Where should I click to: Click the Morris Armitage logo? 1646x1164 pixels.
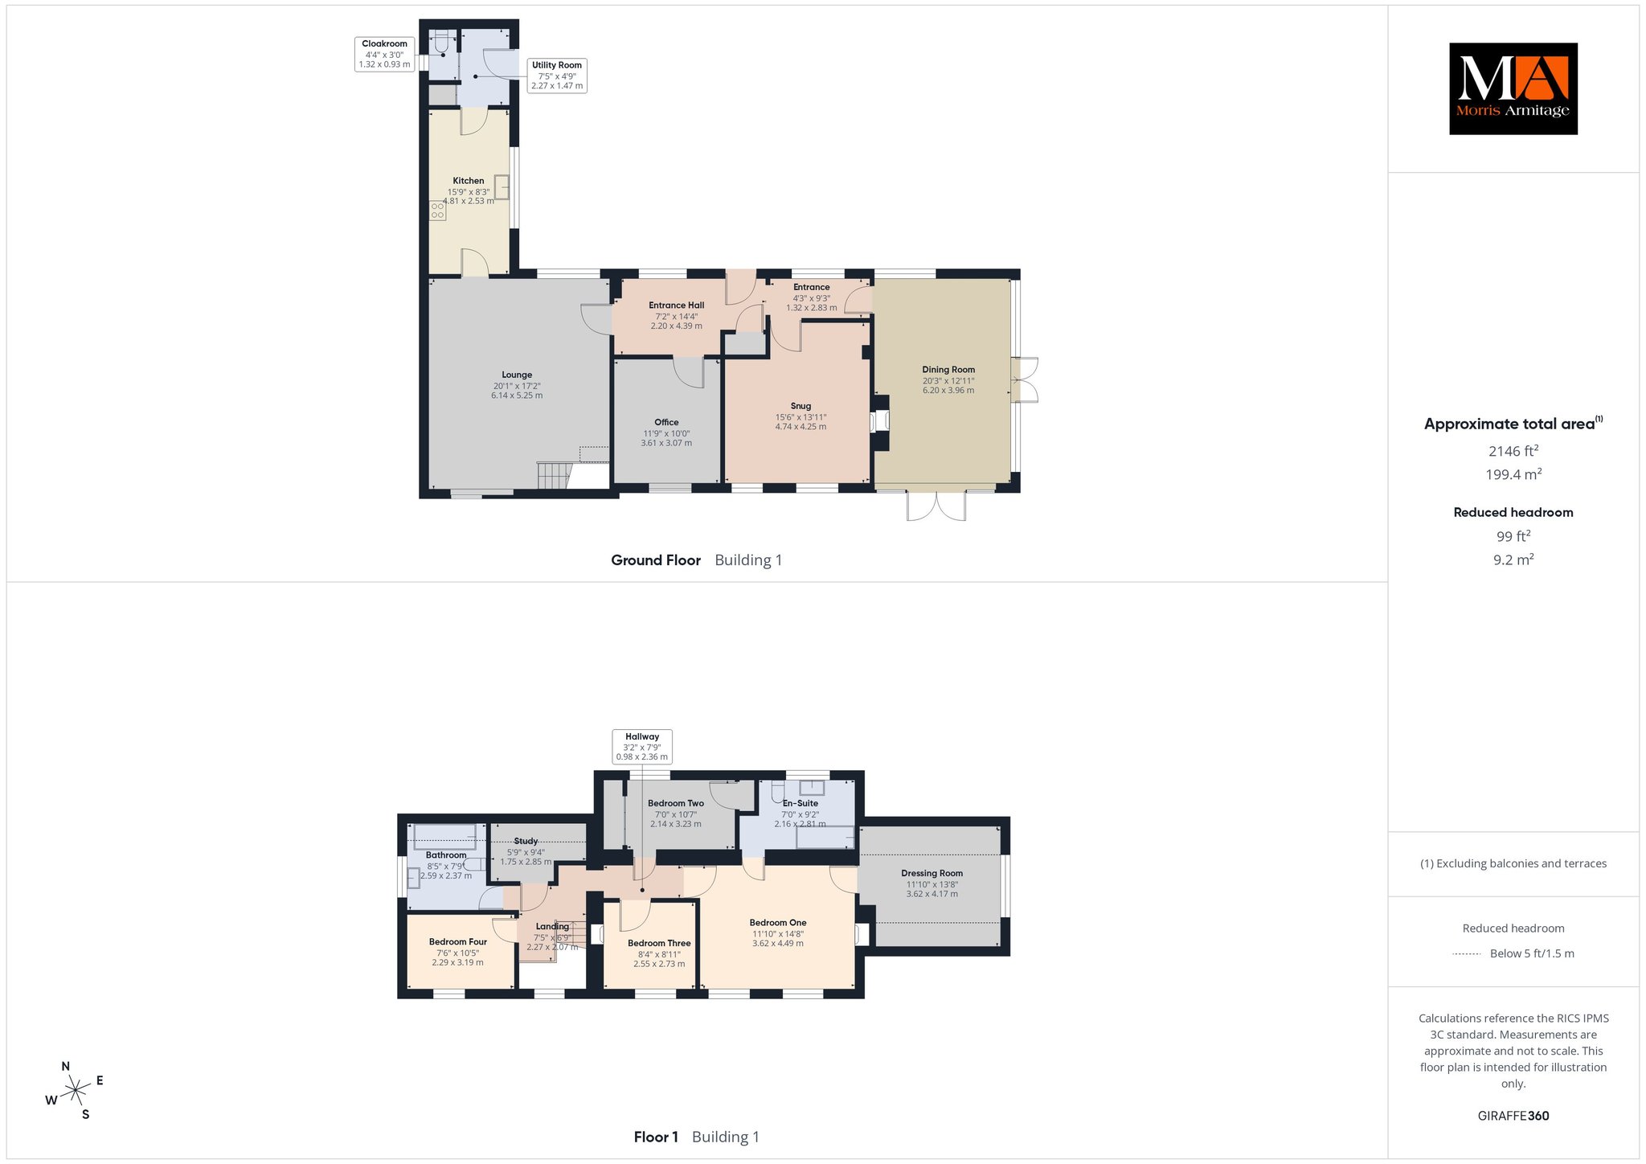point(1513,88)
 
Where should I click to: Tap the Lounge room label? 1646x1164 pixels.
point(517,375)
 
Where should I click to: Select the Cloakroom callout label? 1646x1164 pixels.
point(384,54)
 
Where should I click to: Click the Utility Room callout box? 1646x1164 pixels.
point(557,76)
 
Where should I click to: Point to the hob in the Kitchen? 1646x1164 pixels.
point(437,211)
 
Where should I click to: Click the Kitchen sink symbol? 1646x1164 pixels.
point(502,186)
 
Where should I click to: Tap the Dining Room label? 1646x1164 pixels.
point(948,370)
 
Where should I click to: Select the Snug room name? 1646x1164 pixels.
point(800,406)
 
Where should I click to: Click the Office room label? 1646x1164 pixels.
point(666,422)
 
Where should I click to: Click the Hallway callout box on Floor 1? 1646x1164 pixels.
point(642,746)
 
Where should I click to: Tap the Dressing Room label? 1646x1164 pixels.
point(932,873)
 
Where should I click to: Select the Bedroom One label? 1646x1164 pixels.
point(778,923)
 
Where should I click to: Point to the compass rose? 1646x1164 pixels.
point(75,1090)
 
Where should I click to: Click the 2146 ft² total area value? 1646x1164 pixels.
point(1513,451)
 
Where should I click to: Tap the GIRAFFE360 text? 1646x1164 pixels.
point(1513,1116)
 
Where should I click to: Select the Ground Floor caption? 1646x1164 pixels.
point(656,560)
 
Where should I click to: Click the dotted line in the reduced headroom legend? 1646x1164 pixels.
point(1467,954)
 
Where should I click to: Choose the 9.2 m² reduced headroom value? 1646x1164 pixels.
point(1513,559)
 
